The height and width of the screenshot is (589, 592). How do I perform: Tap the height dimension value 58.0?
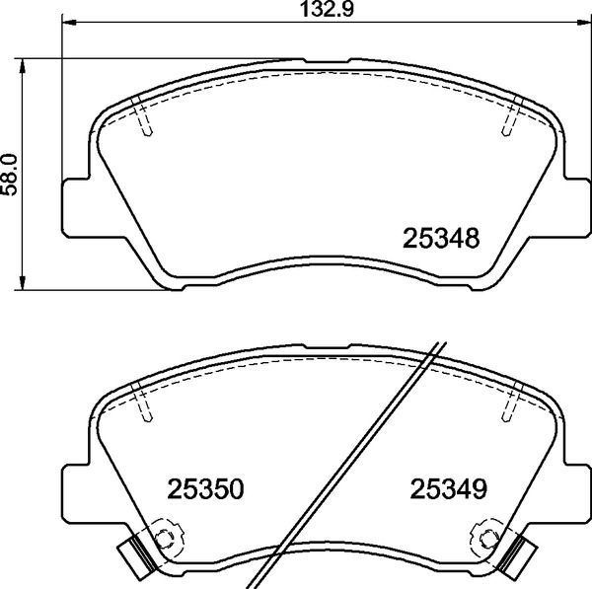[12, 174]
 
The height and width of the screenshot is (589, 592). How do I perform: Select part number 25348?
[442, 239]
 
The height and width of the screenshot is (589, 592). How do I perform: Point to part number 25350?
[205, 489]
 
